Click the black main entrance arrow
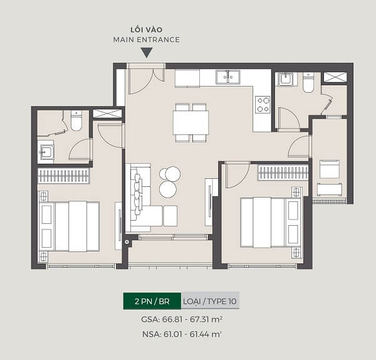click(x=147, y=53)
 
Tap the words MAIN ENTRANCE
click(x=147, y=40)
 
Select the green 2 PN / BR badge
click(x=152, y=301)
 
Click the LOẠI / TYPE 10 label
click(x=210, y=301)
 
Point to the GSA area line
click(x=182, y=319)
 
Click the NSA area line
click(x=182, y=334)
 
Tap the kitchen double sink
click(x=228, y=77)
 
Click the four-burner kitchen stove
click(x=263, y=105)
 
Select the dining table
click(x=191, y=122)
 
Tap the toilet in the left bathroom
click(x=76, y=120)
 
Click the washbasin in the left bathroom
click(x=46, y=152)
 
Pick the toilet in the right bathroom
click(x=308, y=83)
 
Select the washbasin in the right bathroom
click(x=285, y=79)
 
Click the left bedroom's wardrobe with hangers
click(x=63, y=176)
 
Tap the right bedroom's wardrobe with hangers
click(x=283, y=172)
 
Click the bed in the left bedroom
click(x=70, y=226)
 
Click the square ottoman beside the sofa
click(x=170, y=216)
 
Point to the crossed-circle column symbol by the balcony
click(x=127, y=242)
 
